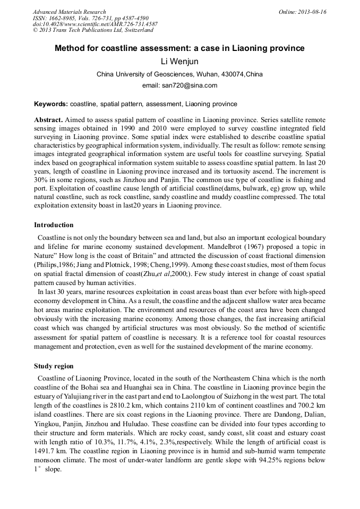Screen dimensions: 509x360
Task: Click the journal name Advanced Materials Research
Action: click(x=69, y=12)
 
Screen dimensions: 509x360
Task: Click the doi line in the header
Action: click(x=95, y=24)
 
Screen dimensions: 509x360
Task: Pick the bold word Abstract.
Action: click(x=48, y=120)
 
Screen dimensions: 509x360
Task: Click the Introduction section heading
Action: click(x=54, y=225)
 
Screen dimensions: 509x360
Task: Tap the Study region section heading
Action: click(x=54, y=366)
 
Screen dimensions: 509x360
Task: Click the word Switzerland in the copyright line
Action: click(x=134, y=30)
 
